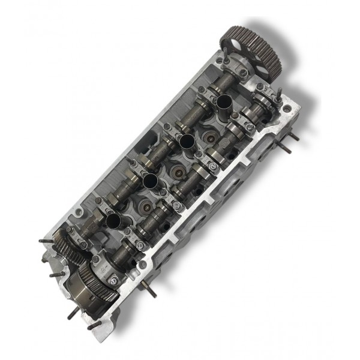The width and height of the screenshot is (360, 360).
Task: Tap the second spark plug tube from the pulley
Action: click(x=187, y=142)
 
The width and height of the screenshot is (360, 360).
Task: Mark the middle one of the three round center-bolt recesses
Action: click(x=179, y=171)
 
